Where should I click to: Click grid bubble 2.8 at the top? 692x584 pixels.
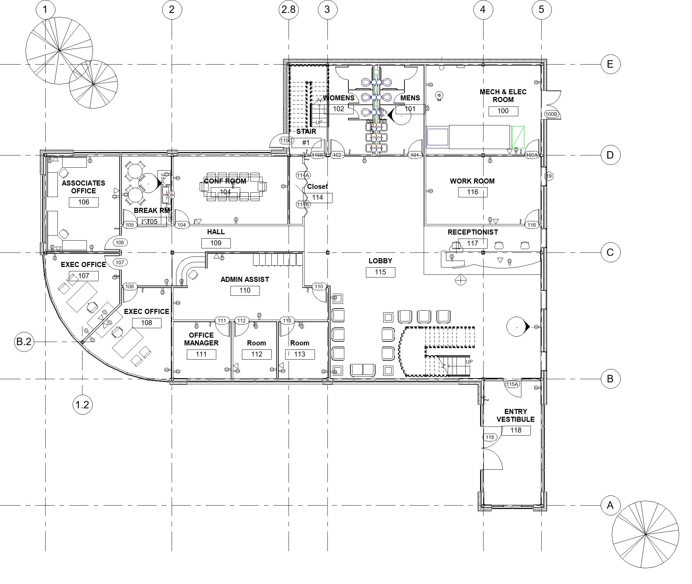coord(289,9)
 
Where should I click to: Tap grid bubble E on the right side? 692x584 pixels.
coord(610,64)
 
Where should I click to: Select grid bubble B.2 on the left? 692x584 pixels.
coord(24,342)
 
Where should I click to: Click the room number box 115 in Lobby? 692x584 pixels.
coord(380,272)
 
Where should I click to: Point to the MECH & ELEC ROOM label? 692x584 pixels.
coord(503,96)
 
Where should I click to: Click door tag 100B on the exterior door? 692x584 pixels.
coord(551,114)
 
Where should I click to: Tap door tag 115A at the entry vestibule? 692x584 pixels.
coord(512,384)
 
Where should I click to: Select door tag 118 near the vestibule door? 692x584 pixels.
coord(490,437)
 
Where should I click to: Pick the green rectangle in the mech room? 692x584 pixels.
coord(518,137)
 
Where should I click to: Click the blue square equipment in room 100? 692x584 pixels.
coord(438,137)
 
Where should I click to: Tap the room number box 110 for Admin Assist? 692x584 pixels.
coord(245,291)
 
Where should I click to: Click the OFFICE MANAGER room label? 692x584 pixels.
coord(201,339)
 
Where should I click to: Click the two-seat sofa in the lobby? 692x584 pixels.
coord(363,370)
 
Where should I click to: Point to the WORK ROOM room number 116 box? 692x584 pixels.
coord(472,192)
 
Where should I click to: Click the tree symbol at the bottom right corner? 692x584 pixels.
coord(645,544)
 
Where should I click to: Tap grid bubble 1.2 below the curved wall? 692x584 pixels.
coord(82,405)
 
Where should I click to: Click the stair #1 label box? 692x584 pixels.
coord(306,143)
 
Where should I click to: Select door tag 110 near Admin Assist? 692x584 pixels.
coord(319,287)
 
